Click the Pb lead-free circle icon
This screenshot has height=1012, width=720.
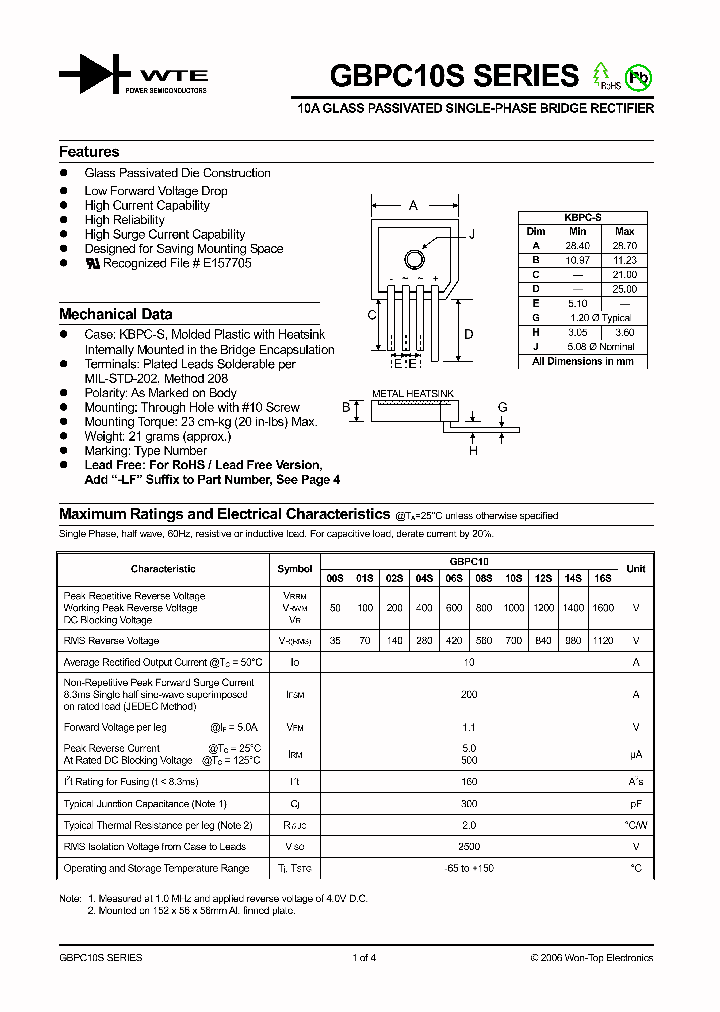(636, 76)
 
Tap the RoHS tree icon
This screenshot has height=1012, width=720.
(602, 75)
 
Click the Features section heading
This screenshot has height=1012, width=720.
(89, 152)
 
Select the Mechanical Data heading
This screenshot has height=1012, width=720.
(115, 314)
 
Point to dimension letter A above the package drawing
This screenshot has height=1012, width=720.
(412, 206)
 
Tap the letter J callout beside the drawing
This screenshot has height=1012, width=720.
(471, 233)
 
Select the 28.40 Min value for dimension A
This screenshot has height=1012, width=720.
(578, 245)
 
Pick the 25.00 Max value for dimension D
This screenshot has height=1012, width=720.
(624, 289)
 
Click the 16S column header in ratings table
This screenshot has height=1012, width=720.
(603, 578)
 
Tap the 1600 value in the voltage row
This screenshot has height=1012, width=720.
(603, 608)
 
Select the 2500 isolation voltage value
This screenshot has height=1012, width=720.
(469, 846)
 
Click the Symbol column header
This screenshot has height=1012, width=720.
(294, 568)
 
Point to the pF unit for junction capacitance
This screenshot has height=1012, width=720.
(635, 804)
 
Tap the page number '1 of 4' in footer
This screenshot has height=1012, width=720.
(364, 958)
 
